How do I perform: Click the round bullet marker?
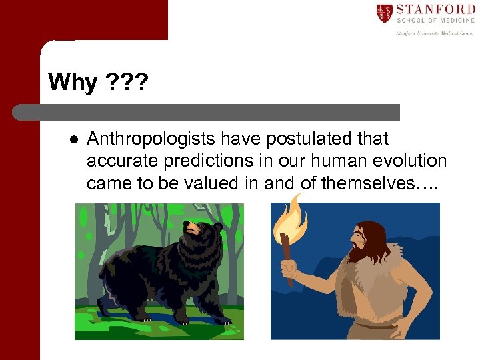click(74, 140)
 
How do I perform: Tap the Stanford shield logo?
click(384, 13)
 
